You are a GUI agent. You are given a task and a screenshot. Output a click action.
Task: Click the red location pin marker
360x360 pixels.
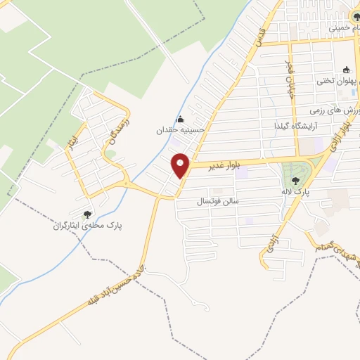point(181,166)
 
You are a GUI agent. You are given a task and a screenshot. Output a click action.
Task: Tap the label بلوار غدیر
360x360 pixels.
point(225,165)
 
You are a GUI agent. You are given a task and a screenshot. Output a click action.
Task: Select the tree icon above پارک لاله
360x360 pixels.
point(295,181)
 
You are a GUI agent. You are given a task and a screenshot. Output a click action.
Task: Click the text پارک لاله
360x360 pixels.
point(295,191)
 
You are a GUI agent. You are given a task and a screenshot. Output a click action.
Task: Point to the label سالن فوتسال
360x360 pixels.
point(218,201)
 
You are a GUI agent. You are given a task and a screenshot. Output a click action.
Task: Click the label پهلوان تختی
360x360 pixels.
point(333,81)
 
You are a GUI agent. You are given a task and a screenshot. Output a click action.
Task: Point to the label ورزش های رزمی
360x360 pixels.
point(335,111)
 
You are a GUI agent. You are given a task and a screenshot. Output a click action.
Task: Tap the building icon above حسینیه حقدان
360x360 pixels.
point(181,118)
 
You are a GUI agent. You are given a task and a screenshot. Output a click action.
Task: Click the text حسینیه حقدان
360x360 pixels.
point(181,129)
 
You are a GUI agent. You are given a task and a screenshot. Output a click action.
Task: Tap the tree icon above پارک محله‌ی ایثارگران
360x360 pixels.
point(87,214)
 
